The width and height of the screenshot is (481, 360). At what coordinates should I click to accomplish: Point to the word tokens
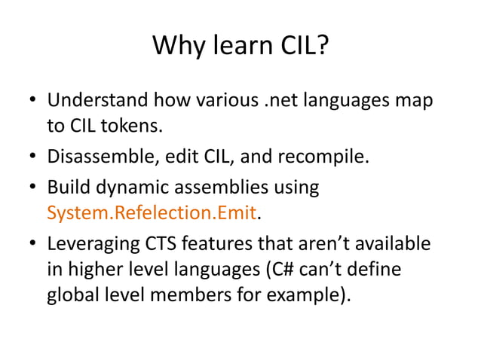point(136,126)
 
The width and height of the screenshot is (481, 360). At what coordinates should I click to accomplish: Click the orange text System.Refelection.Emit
point(152,213)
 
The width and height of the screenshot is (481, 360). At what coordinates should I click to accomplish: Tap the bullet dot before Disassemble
point(35,158)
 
